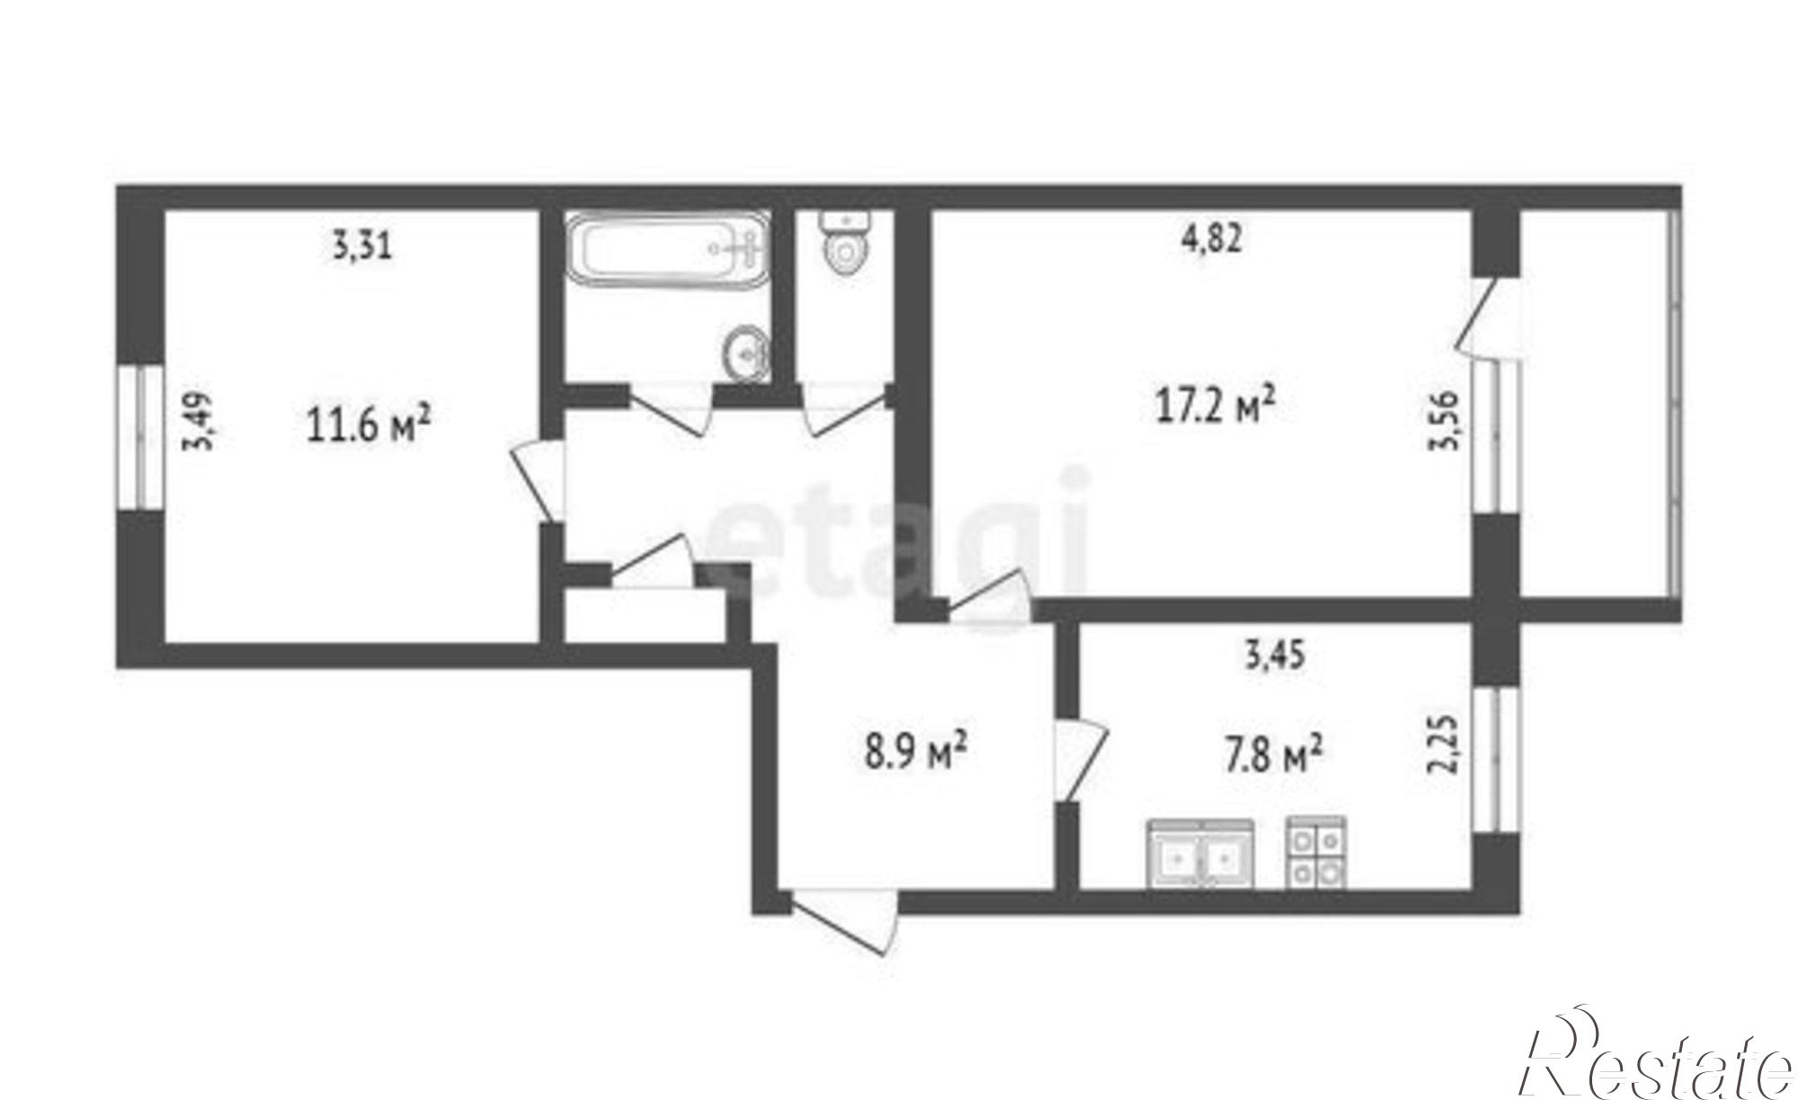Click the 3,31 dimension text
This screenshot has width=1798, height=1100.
362,246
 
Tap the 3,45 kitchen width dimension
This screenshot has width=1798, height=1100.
1274,656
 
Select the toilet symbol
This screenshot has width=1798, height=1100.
844,240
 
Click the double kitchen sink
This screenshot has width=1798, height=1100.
1200,854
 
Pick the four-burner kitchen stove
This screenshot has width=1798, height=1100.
1316,853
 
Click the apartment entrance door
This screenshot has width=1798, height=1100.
844,923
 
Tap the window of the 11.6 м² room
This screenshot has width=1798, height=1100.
140,438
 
